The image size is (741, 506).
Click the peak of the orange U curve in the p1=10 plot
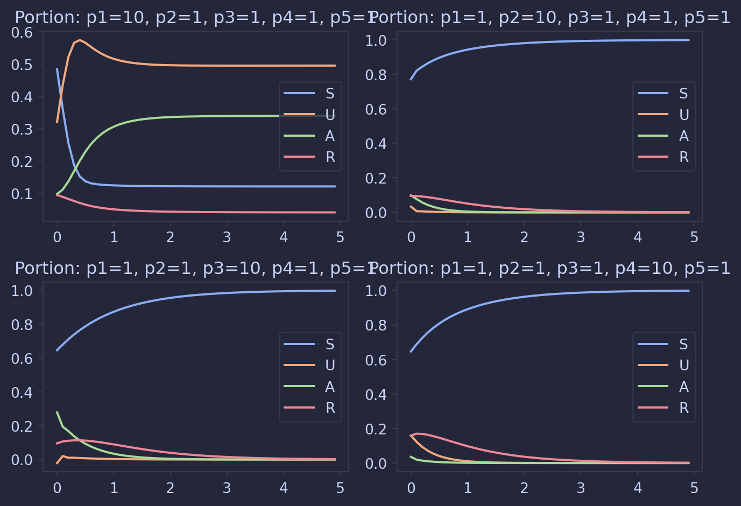click(x=80, y=40)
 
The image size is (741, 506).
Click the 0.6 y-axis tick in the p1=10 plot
click(x=22, y=32)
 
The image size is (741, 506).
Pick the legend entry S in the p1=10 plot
click(x=329, y=94)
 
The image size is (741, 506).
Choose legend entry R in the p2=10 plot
click(x=683, y=157)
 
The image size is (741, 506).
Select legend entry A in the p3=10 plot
click(x=329, y=387)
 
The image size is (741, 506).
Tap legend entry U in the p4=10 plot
click(x=683, y=366)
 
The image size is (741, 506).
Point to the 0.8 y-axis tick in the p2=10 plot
click(x=376, y=75)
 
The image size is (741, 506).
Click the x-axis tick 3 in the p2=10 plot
click(x=581, y=237)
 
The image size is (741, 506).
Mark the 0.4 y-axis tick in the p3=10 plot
click(x=22, y=392)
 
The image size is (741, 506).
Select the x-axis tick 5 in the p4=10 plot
click(x=694, y=488)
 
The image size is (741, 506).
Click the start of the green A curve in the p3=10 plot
click(x=57, y=412)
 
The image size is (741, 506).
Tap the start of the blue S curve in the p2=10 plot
click(x=411, y=79)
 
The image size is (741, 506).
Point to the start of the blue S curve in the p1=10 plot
click(x=57, y=69)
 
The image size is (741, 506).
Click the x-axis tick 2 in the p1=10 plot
click(x=170, y=237)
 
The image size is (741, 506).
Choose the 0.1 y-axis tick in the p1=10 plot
click(x=22, y=194)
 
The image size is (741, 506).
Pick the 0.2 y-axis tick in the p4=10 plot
click(x=376, y=429)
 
